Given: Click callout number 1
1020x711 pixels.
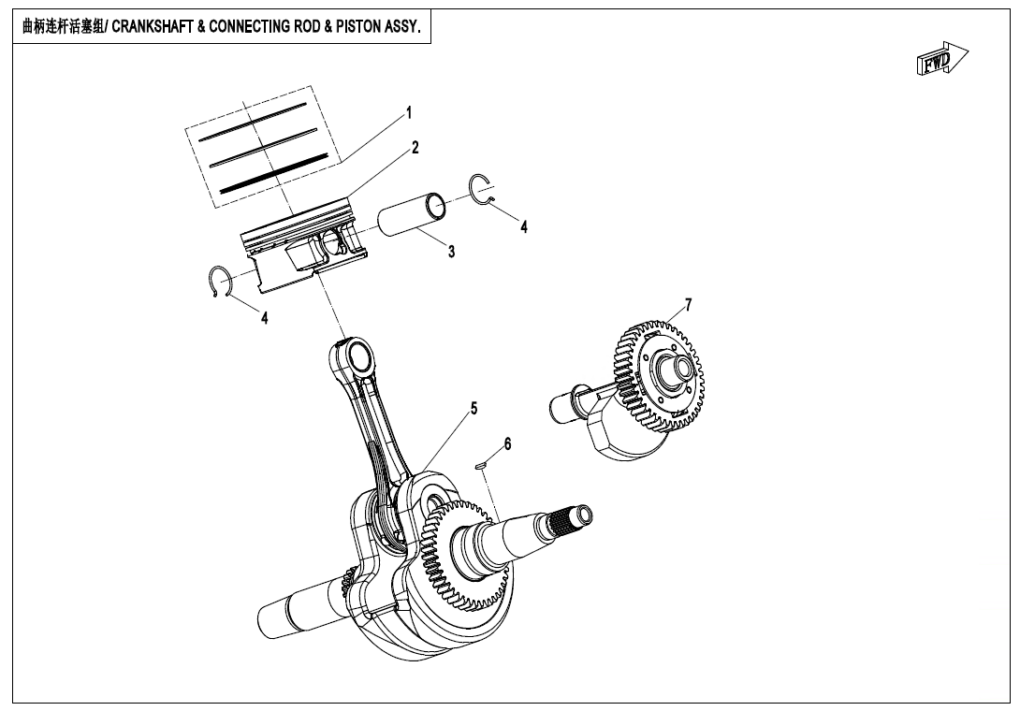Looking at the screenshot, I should tap(408, 112).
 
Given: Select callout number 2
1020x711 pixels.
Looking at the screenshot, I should tap(415, 148).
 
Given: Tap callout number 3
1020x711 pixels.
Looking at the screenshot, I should tap(451, 252).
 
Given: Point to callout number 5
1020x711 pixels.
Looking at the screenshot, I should tap(474, 408).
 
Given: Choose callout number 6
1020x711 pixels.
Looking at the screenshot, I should tap(507, 443).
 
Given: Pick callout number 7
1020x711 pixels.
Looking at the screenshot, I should tap(688, 304).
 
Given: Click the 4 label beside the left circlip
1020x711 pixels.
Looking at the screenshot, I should tap(265, 318).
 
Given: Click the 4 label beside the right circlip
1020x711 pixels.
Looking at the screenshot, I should tap(524, 226).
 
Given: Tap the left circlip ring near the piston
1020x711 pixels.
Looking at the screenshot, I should tap(219, 284).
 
